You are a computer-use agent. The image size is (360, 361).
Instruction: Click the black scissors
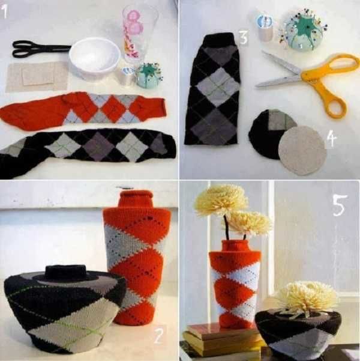point(39,49)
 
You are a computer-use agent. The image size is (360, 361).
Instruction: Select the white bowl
point(95,58)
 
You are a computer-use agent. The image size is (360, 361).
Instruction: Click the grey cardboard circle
point(302,150)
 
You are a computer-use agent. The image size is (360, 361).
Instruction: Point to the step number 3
point(244,38)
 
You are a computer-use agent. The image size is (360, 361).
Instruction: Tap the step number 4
point(331,139)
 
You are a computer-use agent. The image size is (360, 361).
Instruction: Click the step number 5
point(340,205)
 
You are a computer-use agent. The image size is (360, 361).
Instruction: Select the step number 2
point(159,335)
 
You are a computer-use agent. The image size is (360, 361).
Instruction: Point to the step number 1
point(5,11)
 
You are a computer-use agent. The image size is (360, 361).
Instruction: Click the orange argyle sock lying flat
point(83,110)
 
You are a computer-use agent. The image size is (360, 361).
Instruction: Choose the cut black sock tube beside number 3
point(213,89)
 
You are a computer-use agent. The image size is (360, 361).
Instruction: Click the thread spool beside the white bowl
point(126,76)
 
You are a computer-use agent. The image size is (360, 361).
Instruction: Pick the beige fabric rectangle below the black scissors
point(37,77)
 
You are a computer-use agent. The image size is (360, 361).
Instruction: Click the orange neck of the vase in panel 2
point(136,198)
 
